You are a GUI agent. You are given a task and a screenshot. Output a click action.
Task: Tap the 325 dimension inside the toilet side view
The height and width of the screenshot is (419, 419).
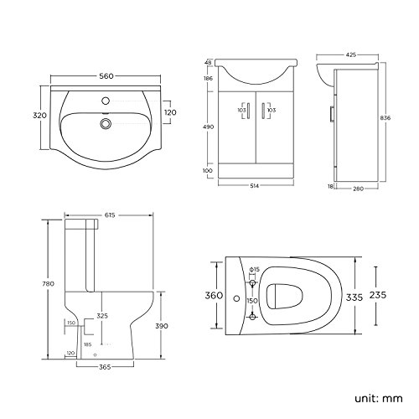102,315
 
